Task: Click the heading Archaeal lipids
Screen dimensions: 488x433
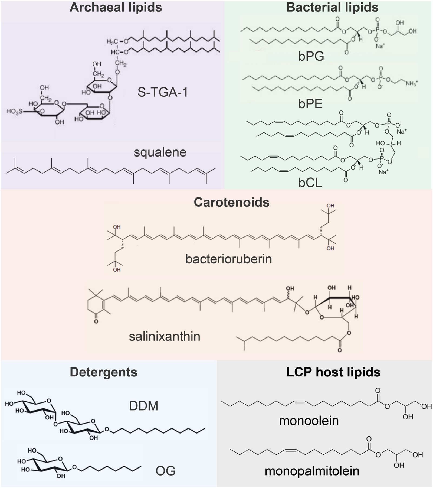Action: [x=116, y=7]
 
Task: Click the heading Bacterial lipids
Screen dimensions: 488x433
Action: [x=332, y=7]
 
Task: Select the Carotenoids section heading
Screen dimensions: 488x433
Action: [x=232, y=202]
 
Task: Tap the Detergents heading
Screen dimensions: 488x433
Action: [x=103, y=372]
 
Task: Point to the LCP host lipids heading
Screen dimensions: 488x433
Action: [x=333, y=372]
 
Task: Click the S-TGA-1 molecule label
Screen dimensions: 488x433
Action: [x=162, y=92]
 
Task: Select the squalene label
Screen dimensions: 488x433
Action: [x=160, y=152]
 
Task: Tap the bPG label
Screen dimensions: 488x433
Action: [x=311, y=56]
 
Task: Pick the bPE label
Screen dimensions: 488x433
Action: [x=310, y=104]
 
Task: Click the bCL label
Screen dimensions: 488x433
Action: [x=310, y=183]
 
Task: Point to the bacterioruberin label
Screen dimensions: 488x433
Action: [x=228, y=259]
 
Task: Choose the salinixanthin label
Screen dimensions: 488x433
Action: [x=165, y=336]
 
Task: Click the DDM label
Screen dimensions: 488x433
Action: [x=143, y=406]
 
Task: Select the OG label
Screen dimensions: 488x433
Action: [x=165, y=471]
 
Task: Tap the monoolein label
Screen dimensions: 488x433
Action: [x=309, y=421]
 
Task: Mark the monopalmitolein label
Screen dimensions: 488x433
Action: [x=312, y=471]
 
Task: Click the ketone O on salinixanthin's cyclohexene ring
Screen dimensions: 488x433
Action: [x=96, y=321]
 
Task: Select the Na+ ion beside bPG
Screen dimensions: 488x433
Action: [x=380, y=46]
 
